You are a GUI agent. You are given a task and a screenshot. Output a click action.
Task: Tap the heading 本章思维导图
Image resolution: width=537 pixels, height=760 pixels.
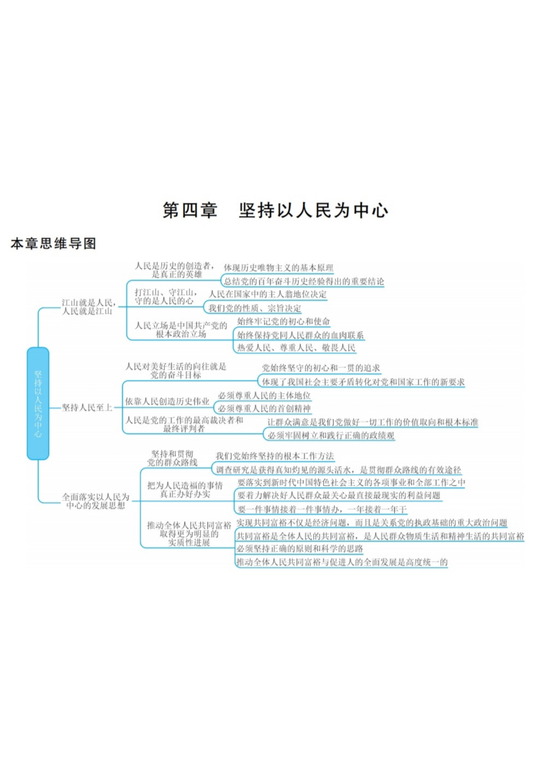tap(53, 244)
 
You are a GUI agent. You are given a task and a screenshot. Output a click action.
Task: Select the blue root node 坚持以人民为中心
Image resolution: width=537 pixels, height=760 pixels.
tap(38, 403)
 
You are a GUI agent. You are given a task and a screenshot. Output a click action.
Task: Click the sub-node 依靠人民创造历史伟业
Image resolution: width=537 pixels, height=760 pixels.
tap(167, 401)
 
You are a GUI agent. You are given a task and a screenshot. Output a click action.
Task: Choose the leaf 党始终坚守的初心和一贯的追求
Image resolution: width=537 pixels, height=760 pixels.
tap(321, 368)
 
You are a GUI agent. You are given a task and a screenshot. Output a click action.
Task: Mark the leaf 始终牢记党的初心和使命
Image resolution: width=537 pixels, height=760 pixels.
tap(283, 321)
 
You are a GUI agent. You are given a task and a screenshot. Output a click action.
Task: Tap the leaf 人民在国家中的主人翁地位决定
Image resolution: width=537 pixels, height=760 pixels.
tap(267, 294)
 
